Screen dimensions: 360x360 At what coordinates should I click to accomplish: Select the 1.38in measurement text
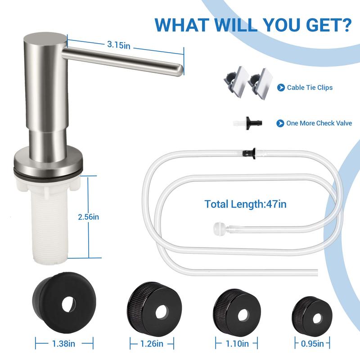64,344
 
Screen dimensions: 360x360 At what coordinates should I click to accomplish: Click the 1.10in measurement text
237,344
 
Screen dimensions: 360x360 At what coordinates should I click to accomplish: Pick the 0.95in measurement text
312,344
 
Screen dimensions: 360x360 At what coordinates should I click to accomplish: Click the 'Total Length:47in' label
245,204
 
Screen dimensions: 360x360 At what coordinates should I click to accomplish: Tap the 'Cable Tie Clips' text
310,87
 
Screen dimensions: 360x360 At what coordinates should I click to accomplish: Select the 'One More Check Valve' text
319,123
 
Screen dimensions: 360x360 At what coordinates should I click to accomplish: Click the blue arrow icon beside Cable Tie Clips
281,87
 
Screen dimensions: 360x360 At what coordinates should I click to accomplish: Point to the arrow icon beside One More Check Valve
280,123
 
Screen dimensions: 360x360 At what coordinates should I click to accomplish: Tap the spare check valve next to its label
245,122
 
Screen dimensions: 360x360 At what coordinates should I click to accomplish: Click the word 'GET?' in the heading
328,24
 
